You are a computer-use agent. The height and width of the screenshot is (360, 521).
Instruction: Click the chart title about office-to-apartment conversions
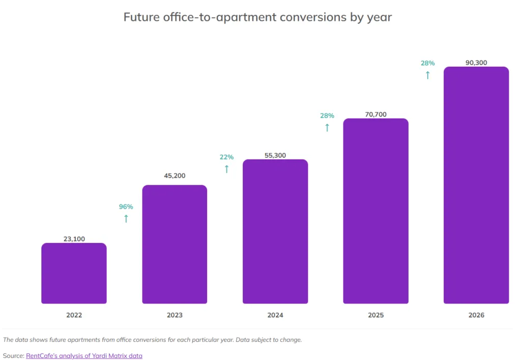tap(257, 17)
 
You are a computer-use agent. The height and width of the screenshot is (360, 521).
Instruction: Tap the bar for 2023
tap(175, 244)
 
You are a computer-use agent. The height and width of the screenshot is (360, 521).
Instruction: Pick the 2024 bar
tap(275, 232)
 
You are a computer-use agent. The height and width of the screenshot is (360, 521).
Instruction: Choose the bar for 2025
tap(375, 211)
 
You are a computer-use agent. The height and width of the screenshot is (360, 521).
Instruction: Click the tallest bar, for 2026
tap(476, 185)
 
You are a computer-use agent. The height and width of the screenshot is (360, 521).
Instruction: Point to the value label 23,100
tap(74, 238)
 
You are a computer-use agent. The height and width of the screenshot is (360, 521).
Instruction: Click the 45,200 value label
tap(175, 176)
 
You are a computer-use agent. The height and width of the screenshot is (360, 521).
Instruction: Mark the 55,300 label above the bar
tap(275, 155)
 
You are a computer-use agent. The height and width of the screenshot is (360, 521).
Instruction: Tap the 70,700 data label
tap(375, 115)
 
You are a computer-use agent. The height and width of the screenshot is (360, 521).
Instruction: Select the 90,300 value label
tap(476, 63)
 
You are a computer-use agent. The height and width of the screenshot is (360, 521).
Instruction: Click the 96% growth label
tap(126, 207)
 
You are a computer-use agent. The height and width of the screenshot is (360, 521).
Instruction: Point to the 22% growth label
tap(226, 157)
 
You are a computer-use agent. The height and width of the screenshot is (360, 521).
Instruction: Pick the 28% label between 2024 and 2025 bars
tap(327, 116)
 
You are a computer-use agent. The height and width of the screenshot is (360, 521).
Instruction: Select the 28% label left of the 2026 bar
tap(427, 63)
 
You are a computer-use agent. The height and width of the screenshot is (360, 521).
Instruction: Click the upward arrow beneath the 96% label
tap(126, 219)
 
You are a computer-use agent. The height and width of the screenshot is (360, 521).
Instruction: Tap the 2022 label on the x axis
tap(74, 315)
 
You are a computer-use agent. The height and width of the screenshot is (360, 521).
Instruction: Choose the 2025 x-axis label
tap(375, 315)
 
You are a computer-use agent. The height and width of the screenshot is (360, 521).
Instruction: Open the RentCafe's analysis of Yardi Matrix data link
tap(84, 356)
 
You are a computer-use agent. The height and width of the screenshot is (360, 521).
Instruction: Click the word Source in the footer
tap(13, 356)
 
